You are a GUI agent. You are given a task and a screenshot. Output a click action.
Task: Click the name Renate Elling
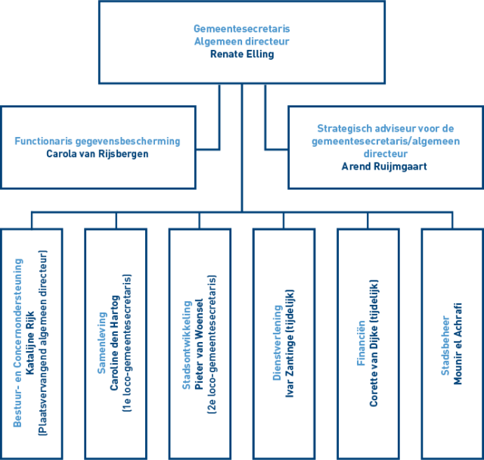pos(242,54)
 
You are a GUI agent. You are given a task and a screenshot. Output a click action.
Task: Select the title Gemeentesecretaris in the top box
pos(242,30)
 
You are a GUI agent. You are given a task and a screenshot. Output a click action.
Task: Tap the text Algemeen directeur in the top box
pos(242,42)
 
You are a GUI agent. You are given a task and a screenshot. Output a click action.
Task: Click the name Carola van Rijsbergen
pos(98,153)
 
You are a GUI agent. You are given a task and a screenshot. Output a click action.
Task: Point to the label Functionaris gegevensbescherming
pos(98,141)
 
